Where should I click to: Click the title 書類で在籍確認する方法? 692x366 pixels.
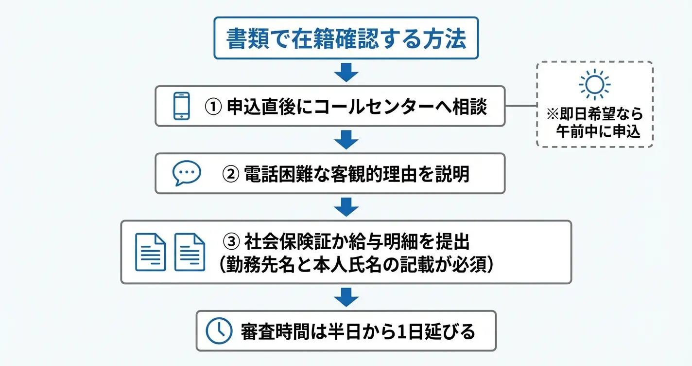pyautogui.click(x=346, y=38)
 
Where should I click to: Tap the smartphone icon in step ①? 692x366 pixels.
pyautogui.click(x=181, y=106)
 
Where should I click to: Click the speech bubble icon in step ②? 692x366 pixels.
pyautogui.click(x=187, y=173)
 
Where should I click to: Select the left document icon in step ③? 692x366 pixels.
pyautogui.click(x=151, y=252)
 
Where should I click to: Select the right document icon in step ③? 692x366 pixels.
pyautogui.click(x=190, y=252)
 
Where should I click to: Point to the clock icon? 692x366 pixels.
pyautogui.click(x=219, y=331)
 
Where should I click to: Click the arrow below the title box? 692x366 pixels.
pyautogui.click(x=346, y=73)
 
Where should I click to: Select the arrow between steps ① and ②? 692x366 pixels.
pyautogui.click(x=346, y=140)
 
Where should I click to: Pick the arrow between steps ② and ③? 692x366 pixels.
pyautogui.click(x=346, y=207)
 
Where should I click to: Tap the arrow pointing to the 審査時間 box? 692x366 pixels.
pyautogui.click(x=346, y=297)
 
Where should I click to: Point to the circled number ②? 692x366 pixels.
pyautogui.click(x=230, y=174)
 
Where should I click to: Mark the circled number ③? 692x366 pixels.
pyautogui.click(x=231, y=242)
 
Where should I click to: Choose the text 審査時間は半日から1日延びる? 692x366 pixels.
pyautogui.click(x=358, y=331)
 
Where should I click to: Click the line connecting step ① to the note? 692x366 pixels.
pyautogui.click(x=521, y=106)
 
